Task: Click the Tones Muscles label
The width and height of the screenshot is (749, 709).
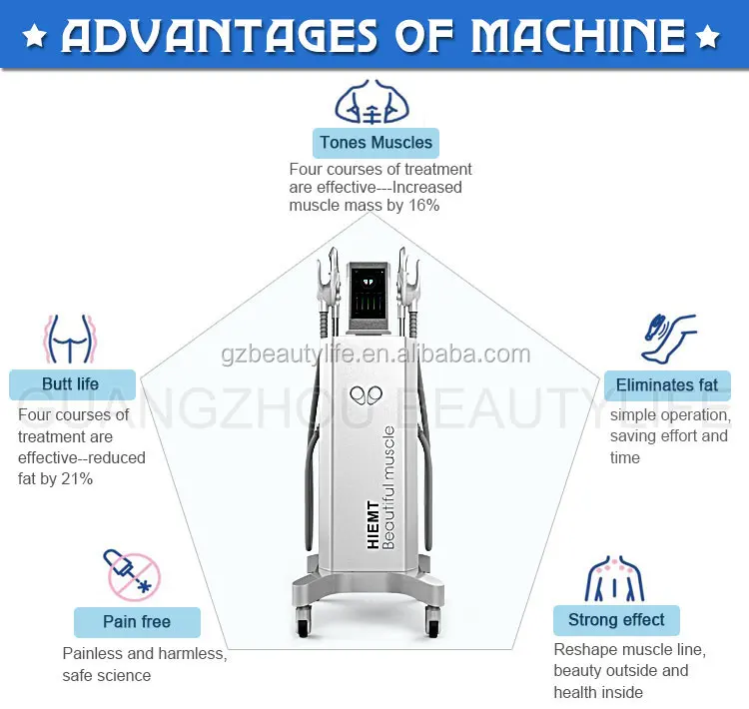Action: pos(375,143)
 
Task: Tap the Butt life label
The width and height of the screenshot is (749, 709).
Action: pos(72,384)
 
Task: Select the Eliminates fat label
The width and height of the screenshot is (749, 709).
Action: pos(667,385)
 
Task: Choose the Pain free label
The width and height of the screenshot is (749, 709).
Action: pos(137,622)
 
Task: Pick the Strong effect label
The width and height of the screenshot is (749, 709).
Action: pos(616,620)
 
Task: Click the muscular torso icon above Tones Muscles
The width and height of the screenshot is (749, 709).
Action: pos(373,102)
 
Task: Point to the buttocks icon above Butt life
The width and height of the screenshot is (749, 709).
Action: pos(70,339)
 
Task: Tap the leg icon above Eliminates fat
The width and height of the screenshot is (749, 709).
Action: pos(668,339)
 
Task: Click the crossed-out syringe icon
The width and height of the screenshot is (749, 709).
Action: pos(132,575)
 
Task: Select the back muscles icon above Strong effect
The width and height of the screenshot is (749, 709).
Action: pos(615,578)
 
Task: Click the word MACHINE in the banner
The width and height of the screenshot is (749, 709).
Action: pos(578,36)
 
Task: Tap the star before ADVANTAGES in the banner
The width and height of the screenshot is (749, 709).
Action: pos(34,37)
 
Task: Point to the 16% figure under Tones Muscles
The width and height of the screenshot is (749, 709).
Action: pos(423,206)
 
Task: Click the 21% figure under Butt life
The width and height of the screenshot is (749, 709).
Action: pos(77,478)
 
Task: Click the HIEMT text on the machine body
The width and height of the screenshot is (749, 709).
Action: pos(374,524)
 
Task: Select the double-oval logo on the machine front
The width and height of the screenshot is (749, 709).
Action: pos(366,395)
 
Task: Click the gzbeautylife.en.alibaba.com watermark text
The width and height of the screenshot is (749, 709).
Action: pos(375,354)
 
